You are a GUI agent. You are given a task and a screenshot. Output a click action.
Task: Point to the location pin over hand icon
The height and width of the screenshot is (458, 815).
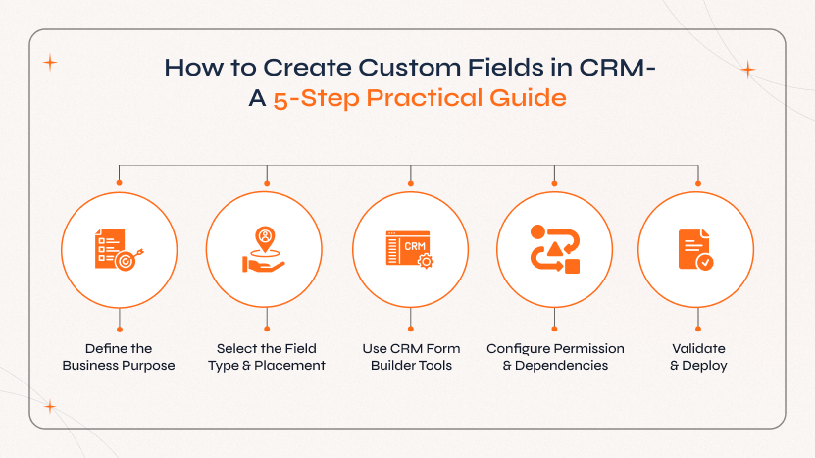click(265, 249)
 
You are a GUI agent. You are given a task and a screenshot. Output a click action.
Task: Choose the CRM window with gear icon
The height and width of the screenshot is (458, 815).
click(409, 249)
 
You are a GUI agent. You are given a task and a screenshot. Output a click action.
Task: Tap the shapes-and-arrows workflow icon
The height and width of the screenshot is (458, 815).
click(555, 249)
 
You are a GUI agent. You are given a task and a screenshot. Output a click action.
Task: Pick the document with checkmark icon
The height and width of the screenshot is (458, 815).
click(696, 249)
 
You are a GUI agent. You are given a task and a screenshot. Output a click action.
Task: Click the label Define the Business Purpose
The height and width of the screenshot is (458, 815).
click(119, 357)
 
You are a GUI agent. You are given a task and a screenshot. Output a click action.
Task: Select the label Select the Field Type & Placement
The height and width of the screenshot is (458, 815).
click(266, 357)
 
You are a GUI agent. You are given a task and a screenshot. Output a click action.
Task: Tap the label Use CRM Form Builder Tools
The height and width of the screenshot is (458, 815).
click(410, 357)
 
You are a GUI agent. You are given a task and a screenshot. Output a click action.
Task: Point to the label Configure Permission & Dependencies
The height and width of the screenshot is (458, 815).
click(555, 357)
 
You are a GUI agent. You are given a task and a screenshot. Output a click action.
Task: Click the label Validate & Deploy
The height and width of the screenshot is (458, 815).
click(698, 357)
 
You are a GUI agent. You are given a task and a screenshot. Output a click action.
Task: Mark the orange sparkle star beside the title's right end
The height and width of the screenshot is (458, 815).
click(748, 70)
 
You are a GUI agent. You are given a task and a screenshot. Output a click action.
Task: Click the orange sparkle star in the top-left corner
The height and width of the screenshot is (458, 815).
click(50, 62)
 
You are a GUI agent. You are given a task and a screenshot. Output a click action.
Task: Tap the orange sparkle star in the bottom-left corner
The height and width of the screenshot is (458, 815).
click(50, 406)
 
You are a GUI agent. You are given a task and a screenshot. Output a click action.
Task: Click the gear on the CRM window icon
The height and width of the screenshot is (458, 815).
click(426, 262)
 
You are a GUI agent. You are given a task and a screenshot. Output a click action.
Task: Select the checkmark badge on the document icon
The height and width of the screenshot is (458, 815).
click(704, 262)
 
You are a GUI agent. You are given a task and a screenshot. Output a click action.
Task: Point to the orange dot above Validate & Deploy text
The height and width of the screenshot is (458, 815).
click(698, 328)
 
